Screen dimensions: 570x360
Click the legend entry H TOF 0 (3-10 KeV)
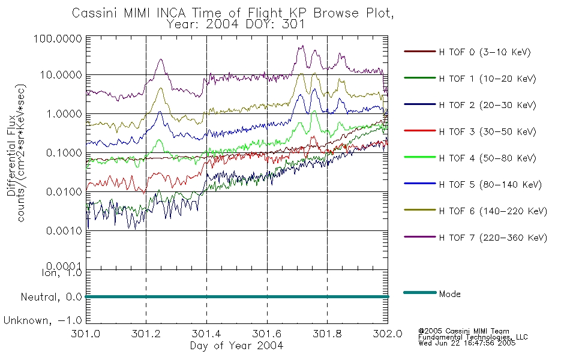point(485,52)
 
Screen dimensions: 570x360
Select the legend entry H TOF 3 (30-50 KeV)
point(487,131)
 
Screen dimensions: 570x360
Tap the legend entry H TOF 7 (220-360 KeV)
point(493,238)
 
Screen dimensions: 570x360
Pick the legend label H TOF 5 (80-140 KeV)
point(490,185)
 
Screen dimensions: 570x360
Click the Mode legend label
point(449,294)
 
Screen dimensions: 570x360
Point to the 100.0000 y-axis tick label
point(58,38)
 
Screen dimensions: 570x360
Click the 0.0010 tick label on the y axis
point(64,231)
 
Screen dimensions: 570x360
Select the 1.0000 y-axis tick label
point(64,114)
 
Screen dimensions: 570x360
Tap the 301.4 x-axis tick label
point(206,334)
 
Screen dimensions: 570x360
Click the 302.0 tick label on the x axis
point(388,334)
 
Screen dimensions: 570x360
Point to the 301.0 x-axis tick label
point(86,334)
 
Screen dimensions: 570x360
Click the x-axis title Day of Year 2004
point(236,346)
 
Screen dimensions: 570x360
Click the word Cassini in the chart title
point(95,13)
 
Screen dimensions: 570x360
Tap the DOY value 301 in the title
point(293,25)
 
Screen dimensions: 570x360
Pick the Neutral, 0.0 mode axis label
point(51,298)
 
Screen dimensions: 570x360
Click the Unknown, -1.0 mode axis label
point(43,321)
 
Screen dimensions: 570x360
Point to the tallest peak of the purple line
point(302,46)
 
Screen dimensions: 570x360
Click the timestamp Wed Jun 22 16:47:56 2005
point(467,343)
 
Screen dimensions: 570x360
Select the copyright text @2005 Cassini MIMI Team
point(463,331)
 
